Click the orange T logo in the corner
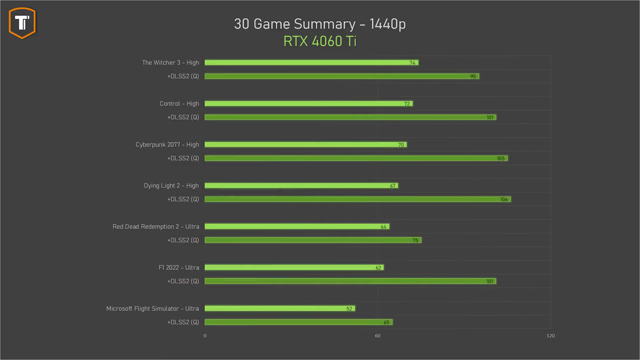tap(22, 23)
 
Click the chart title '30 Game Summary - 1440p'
tap(320, 24)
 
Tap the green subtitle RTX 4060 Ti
tap(320, 41)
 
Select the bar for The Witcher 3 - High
tap(311, 63)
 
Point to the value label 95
tap(473, 77)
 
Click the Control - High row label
tap(179, 104)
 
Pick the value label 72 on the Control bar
tap(407, 104)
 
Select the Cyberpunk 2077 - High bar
tap(305, 145)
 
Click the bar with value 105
tap(356, 158)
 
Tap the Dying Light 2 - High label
tap(171, 186)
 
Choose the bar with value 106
tap(357, 199)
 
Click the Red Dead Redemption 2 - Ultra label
tap(156, 227)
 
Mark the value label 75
tap(415, 241)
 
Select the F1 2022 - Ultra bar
tap(294, 268)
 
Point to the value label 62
tap(378, 268)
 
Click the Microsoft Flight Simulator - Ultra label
tap(152, 309)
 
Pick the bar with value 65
tap(298, 322)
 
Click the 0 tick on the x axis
tap(205, 336)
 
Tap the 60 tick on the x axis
tap(377, 336)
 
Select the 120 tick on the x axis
tap(550, 336)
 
